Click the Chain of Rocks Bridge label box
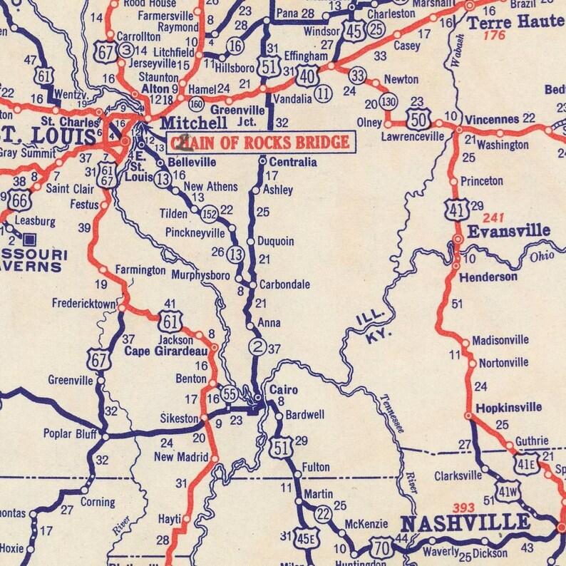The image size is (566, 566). coord(260,143)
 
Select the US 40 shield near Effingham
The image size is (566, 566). coord(307,74)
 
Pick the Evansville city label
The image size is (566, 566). coord(508,231)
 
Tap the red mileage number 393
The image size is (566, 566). coord(464,508)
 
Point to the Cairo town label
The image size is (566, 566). coord(283,390)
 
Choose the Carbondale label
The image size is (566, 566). coord(284,284)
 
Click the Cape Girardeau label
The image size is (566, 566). coord(166,351)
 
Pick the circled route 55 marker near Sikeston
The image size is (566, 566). coord(228,394)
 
